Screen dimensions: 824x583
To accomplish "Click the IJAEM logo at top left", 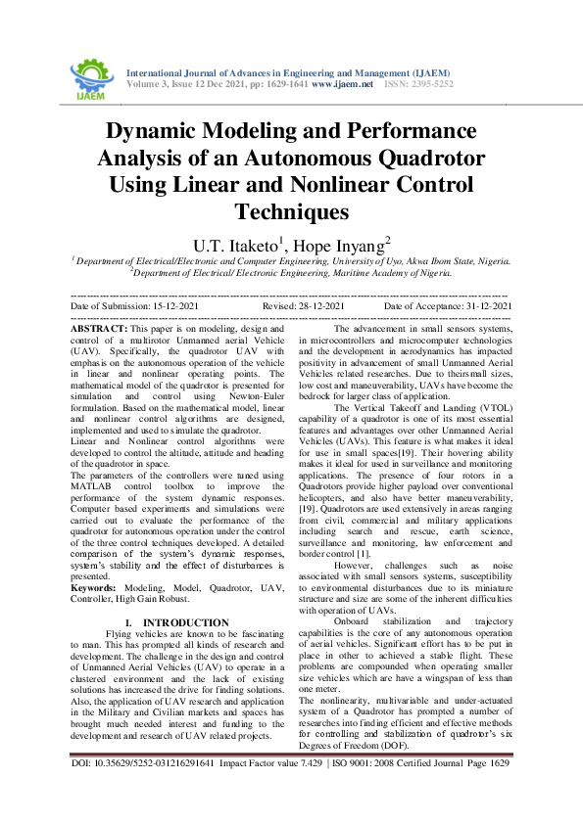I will tap(93, 75).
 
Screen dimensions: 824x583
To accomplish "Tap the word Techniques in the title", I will tap(292, 210).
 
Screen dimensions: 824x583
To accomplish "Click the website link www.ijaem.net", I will tap(343, 84).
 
